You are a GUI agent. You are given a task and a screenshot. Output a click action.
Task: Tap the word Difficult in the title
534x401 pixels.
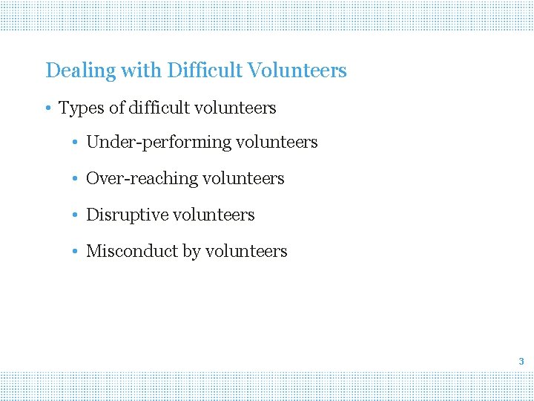[x=205, y=71]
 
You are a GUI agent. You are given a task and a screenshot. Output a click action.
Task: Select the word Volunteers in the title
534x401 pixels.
[x=297, y=71]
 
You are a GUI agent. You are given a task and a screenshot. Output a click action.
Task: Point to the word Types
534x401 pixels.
[x=82, y=108]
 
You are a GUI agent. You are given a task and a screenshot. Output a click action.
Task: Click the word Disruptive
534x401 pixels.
[x=127, y=215]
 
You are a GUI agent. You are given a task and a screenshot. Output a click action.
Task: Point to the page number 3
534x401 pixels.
[x=521, y=362]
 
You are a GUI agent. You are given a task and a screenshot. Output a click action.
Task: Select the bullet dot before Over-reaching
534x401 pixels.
[x=76, y=179]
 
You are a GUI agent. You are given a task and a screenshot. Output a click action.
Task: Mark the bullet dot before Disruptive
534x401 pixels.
[x=76, y=215]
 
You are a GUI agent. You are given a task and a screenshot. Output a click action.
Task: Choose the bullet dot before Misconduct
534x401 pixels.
[x=76, y=252]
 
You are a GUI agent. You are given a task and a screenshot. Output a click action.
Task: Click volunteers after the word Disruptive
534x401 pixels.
[x=213, y=215]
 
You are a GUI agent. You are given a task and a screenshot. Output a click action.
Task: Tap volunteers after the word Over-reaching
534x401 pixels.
[x=243, y=179]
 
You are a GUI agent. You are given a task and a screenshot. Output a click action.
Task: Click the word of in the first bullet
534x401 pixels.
[x=116, y=108]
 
